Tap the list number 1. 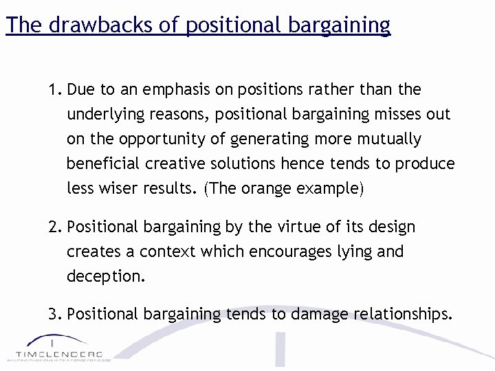[x=54, y=90]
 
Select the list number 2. [x=54, y=227]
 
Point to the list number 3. [x=54, y=315]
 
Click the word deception [x=106, y=277]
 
